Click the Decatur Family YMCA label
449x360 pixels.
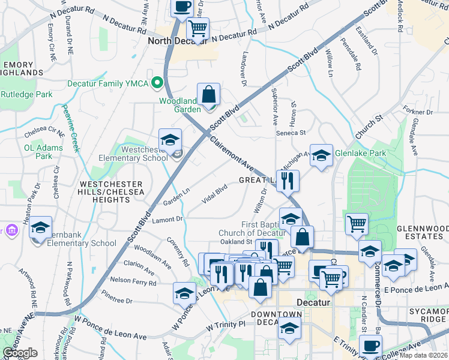click(x=107, y=83)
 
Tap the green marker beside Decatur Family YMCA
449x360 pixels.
click(x=158, y=83)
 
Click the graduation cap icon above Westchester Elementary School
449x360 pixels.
click(x=170, y=140)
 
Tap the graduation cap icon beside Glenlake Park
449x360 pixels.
click(x=321, y=155)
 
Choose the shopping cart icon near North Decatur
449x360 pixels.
click(x=197, y=28)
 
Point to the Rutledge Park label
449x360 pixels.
click(x=26, y=94)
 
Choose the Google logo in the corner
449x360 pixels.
click(x=20, y=352)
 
